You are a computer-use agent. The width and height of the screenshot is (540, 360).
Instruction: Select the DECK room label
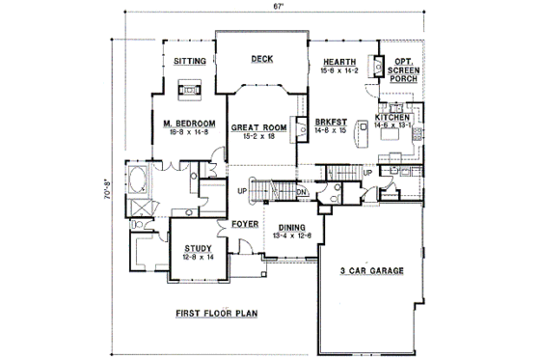point(261,59)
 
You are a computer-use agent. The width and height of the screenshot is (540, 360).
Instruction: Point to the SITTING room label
point(189,61)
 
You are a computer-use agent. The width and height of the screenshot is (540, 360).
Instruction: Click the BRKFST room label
point(330,122)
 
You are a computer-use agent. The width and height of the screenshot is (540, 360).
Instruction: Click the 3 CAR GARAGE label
point(372,270)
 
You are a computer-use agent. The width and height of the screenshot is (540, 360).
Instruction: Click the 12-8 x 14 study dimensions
point(198,257)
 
